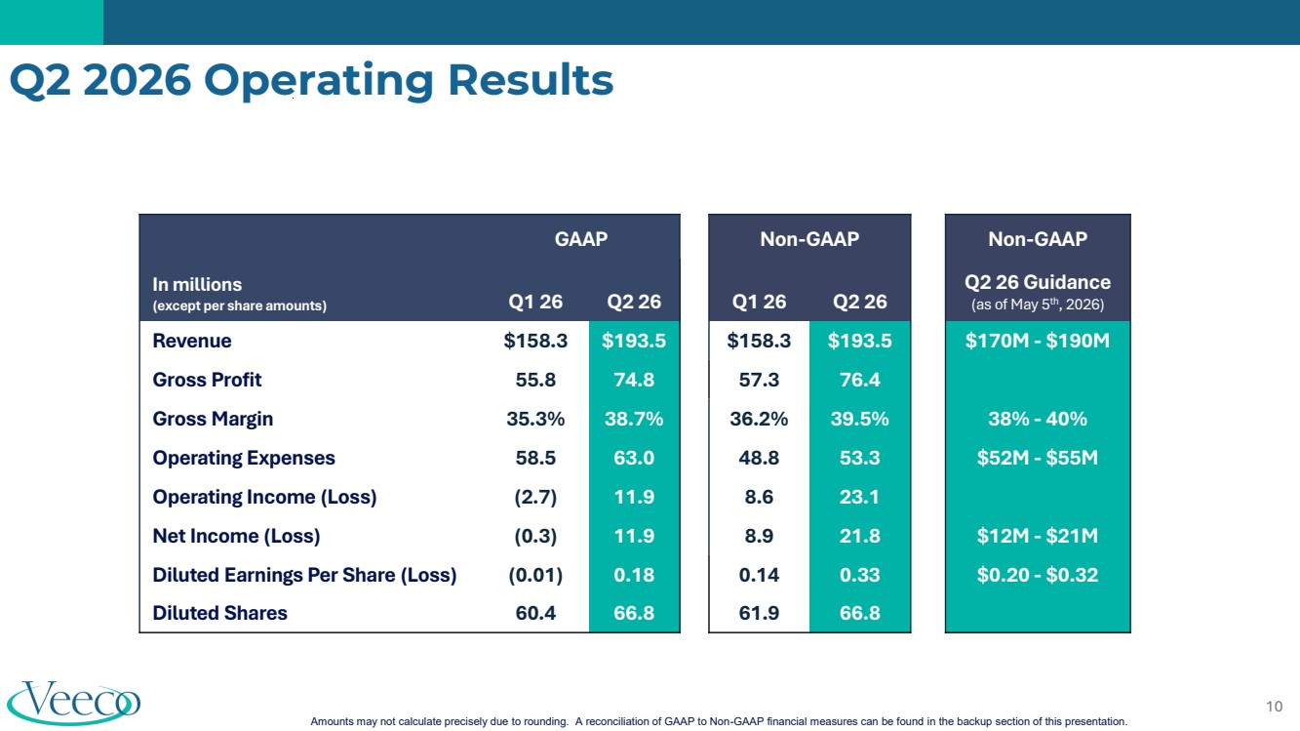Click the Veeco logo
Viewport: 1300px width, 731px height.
coord(74,702)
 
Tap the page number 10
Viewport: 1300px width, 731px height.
coord(1274,706)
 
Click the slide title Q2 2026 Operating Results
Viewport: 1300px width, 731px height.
coord(312,80)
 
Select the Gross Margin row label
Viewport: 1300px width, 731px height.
coord(213,419)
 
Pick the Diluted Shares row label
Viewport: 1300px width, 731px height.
coord(219,613)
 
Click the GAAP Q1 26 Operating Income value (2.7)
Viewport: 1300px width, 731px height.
coord(535,497)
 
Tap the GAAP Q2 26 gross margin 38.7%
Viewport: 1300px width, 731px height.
coord(634,419)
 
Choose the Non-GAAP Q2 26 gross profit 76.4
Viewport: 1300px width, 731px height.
coord(859,380)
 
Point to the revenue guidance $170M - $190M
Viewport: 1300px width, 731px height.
coord(1037,341)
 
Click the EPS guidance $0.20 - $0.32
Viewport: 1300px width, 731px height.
coord(1037,575)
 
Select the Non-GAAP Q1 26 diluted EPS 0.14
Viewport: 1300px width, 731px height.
coord(759,575)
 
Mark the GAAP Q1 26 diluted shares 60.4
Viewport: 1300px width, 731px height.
coord(535,613)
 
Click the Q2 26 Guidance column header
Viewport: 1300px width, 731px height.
coord(1037,282)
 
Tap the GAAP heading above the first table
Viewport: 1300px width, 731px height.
coord(581,239)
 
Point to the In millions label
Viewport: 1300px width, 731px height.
coord(197,285)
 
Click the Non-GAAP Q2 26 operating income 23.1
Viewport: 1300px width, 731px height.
coord(859,497)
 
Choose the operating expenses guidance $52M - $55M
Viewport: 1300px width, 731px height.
coord(1037,458)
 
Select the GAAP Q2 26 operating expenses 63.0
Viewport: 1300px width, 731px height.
coord(634,458)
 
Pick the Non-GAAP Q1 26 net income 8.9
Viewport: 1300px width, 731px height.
coord(759,536)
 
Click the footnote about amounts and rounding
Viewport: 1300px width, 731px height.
coord(719,721)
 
